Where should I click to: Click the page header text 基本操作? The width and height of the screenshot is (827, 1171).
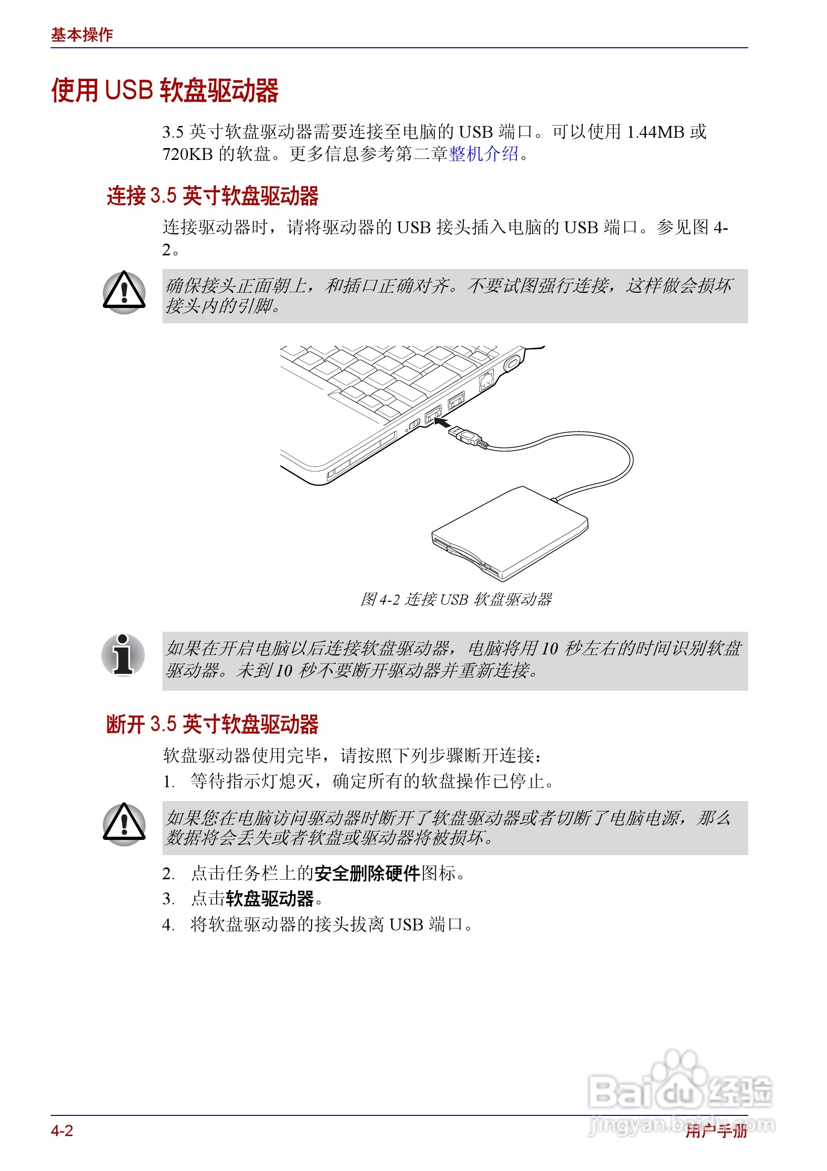(82, 34)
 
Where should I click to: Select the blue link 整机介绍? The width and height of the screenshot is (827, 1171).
(483, 154)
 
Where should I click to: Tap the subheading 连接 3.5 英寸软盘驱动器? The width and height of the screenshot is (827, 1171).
(212, 196)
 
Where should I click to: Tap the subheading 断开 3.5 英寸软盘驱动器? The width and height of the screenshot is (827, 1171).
(212, 724)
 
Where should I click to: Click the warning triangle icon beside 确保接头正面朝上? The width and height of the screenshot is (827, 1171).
(124, 293)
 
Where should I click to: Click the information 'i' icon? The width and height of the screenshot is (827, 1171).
(123, 655)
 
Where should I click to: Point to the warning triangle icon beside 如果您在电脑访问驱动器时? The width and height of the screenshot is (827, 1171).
(124, 825)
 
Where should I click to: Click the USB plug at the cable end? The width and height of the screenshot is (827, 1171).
(465, 435)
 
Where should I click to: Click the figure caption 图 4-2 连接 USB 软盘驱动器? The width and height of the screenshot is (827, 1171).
(456, 599)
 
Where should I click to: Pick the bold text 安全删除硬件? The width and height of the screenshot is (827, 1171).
(367, 874)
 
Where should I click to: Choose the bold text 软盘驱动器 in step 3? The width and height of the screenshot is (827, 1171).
(269, 898)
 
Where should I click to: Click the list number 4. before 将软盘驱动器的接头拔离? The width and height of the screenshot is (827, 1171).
(168, 924)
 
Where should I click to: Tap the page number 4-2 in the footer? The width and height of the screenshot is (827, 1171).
(62, 1131)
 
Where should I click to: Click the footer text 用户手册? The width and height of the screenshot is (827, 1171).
(716, 1131)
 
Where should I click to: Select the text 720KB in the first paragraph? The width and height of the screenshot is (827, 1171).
(187, 154)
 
